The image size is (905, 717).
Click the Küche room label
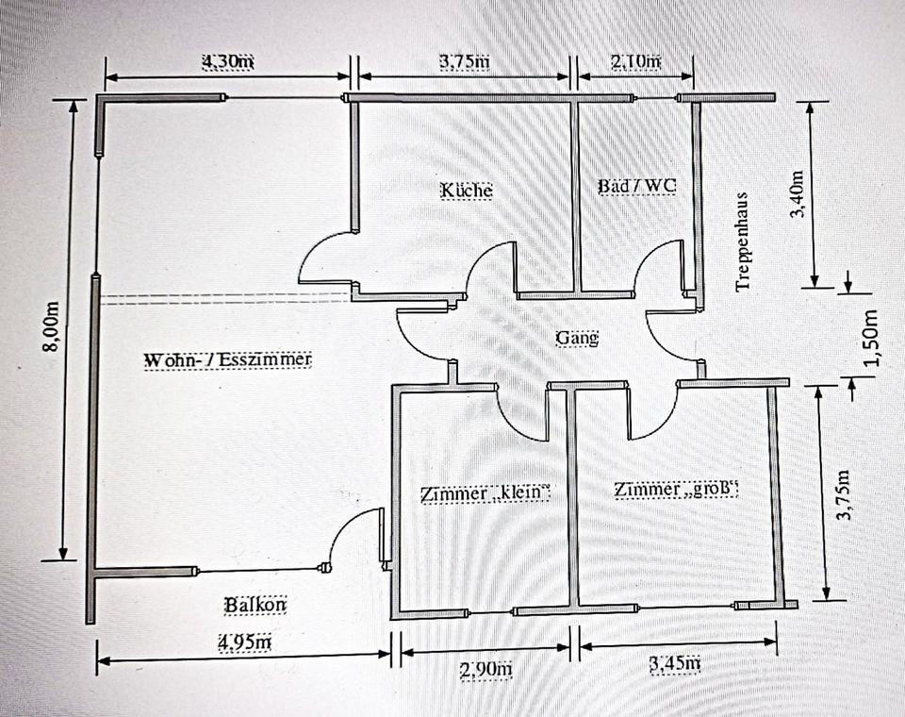467,190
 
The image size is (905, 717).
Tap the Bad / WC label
636,186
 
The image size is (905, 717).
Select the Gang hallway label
577,338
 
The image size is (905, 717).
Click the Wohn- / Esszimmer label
227,360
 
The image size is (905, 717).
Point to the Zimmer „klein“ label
485,492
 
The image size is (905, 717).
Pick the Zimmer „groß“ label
676,490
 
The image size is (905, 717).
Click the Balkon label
255,605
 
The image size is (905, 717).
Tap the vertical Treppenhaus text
742,242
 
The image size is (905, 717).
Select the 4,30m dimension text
228,61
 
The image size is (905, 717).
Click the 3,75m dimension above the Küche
465,60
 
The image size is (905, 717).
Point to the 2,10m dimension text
636,60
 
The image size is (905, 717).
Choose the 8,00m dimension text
52,326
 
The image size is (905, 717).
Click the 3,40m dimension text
798,194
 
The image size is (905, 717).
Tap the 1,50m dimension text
870,339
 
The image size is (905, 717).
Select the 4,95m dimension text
245,642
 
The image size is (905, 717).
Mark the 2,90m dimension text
486,670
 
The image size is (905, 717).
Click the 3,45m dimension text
675,664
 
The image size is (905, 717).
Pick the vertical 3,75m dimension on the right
844,495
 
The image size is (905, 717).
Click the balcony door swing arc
342,527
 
